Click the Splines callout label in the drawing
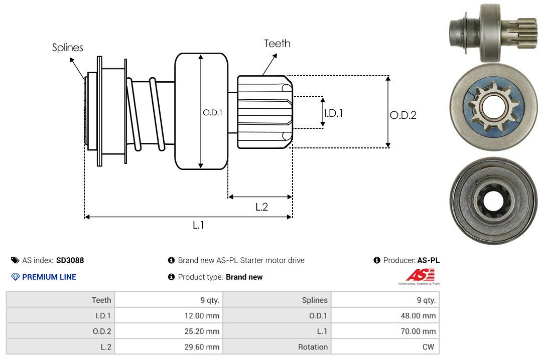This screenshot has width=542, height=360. point(68,48)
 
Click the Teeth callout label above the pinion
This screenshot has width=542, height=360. point(277,44)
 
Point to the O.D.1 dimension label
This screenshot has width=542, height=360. point(212,113)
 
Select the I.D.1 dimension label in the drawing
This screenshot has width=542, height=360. point(333,113)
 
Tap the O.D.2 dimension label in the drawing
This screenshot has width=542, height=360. point(403,115)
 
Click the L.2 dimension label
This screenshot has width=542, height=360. point(261,207)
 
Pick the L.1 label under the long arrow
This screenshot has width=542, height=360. point(198,225)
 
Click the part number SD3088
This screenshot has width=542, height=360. point(70,260)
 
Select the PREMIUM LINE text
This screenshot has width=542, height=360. point(49,277)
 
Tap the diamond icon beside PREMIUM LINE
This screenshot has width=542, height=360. point(15,277)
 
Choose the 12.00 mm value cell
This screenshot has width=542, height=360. point(168,316)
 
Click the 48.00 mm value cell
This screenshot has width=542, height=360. point(385,316)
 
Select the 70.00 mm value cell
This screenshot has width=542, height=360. point(385,331)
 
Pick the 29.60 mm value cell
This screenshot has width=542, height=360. point(168,347)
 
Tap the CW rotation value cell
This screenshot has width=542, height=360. point(385,347)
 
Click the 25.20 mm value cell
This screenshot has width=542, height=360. point(168,331)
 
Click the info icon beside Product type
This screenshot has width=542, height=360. point(171,277)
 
